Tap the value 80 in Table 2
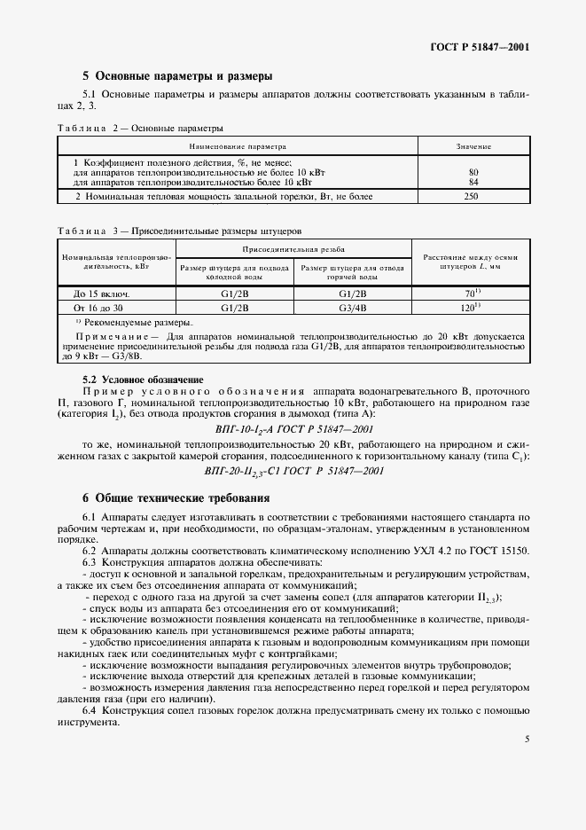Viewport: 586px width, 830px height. pos(473,172)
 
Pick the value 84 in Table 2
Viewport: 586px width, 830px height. pos(473,181)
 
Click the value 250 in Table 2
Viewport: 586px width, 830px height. pos(473,196)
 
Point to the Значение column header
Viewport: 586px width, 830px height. pos(473,145)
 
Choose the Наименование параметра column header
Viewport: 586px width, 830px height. pos(238,145)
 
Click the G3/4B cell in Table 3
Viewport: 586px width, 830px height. pos(352,308)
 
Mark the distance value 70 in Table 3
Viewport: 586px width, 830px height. pos(470,294)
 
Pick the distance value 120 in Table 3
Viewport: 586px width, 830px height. pos(470,308)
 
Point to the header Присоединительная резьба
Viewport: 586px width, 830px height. pos(293,250)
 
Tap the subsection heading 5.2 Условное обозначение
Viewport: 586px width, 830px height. pos(143,380)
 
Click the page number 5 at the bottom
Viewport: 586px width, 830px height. pos(527,738)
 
